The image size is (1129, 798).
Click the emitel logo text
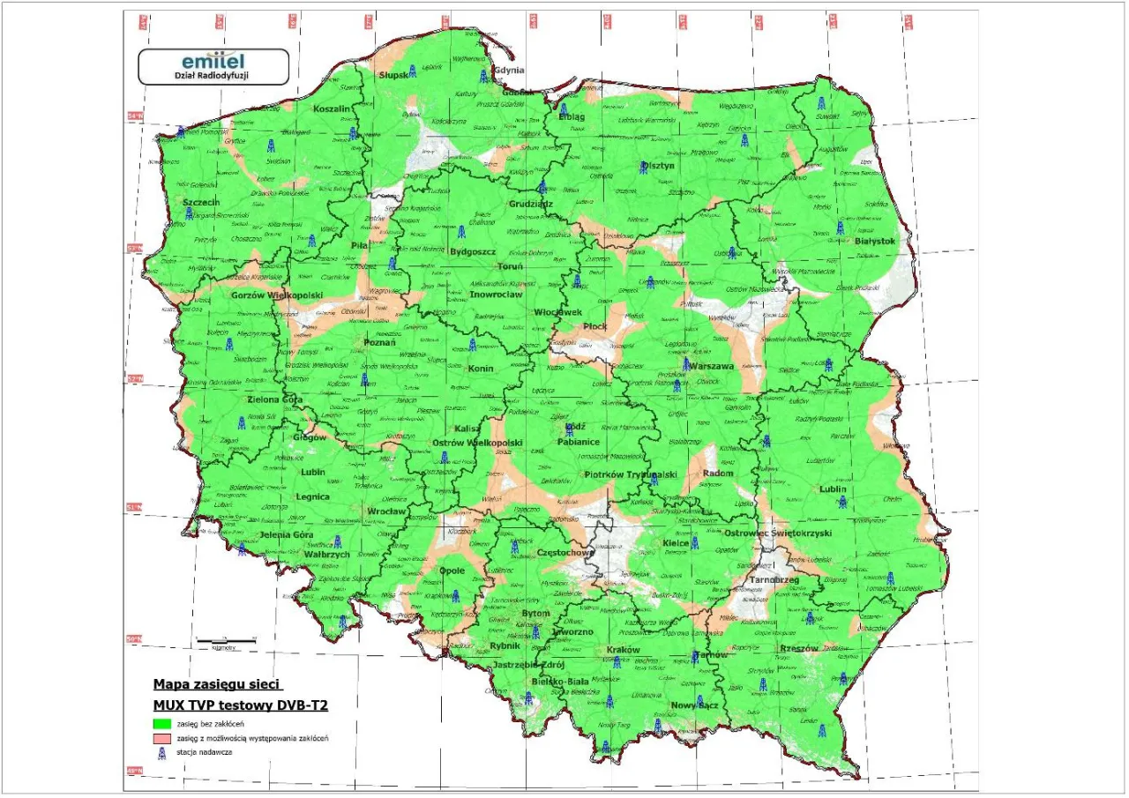pyautogui.click(x=213, y=62)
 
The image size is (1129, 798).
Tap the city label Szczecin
pyautogui.click(x=201, y=202)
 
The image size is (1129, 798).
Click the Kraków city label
pyautogui.click(x=623, y=650)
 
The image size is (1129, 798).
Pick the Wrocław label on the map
pyautogui.click(x=387, y=511)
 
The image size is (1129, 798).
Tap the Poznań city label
pyautogui.click(x=380, y=343)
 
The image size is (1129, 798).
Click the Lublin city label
pyautogui.click(x=832, y=488)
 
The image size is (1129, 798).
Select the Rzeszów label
pyautogui.click(x=793, y=648)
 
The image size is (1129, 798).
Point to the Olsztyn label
pyautogui.click(x=658, y=164)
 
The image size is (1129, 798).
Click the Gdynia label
pyautogui.click(x=509, y=70)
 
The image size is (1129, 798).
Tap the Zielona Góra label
pyautogui.click(x=274, y=399)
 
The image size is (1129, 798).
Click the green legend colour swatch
pyautogui.click(x=160, y=724)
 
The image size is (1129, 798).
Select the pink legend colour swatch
pyautogui.click(x=160, y=738)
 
